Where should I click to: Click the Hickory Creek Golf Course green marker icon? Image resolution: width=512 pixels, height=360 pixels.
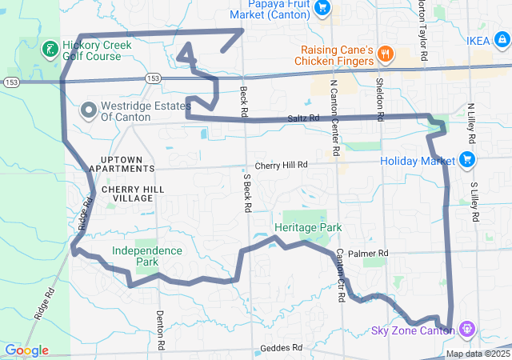pos(50,50)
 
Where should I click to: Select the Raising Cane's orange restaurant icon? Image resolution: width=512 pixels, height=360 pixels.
pos(386,54)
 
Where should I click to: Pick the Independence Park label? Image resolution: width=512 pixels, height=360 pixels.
pos(146,256)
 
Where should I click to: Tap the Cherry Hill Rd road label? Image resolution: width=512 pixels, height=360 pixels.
pos(282,165)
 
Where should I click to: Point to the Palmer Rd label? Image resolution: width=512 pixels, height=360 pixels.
pos(372,254)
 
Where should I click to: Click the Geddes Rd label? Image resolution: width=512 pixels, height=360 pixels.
pos(281,348)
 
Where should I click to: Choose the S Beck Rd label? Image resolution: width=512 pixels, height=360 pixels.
pos(247,193)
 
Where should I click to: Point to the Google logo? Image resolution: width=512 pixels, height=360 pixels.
pos(26,350)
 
